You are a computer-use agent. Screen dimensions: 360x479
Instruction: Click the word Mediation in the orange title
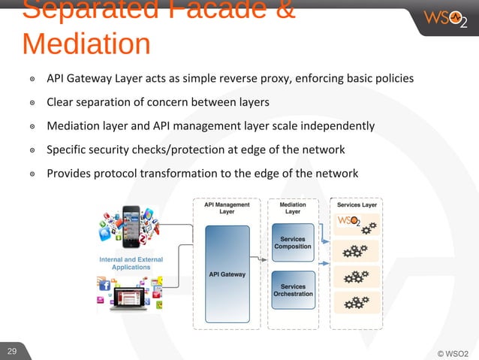point(86,44)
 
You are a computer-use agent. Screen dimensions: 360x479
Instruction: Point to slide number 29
point(12,351)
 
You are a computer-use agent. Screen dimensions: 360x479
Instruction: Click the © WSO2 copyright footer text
point(452,353)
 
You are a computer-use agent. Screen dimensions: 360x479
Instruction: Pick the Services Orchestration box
point(293,289)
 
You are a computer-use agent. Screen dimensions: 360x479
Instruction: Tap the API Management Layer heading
point(227,207)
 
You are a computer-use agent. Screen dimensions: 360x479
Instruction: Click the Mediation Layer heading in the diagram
point(293,207)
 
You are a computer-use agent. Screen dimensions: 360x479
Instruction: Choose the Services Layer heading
point(357,204)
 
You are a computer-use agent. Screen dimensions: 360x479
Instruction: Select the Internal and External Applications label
point(131,263)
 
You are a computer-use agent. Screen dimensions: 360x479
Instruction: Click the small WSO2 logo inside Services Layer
point(349,221)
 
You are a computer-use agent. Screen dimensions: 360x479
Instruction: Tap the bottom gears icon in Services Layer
point(354,303)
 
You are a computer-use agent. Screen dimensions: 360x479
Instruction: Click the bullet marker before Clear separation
point(32,102)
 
